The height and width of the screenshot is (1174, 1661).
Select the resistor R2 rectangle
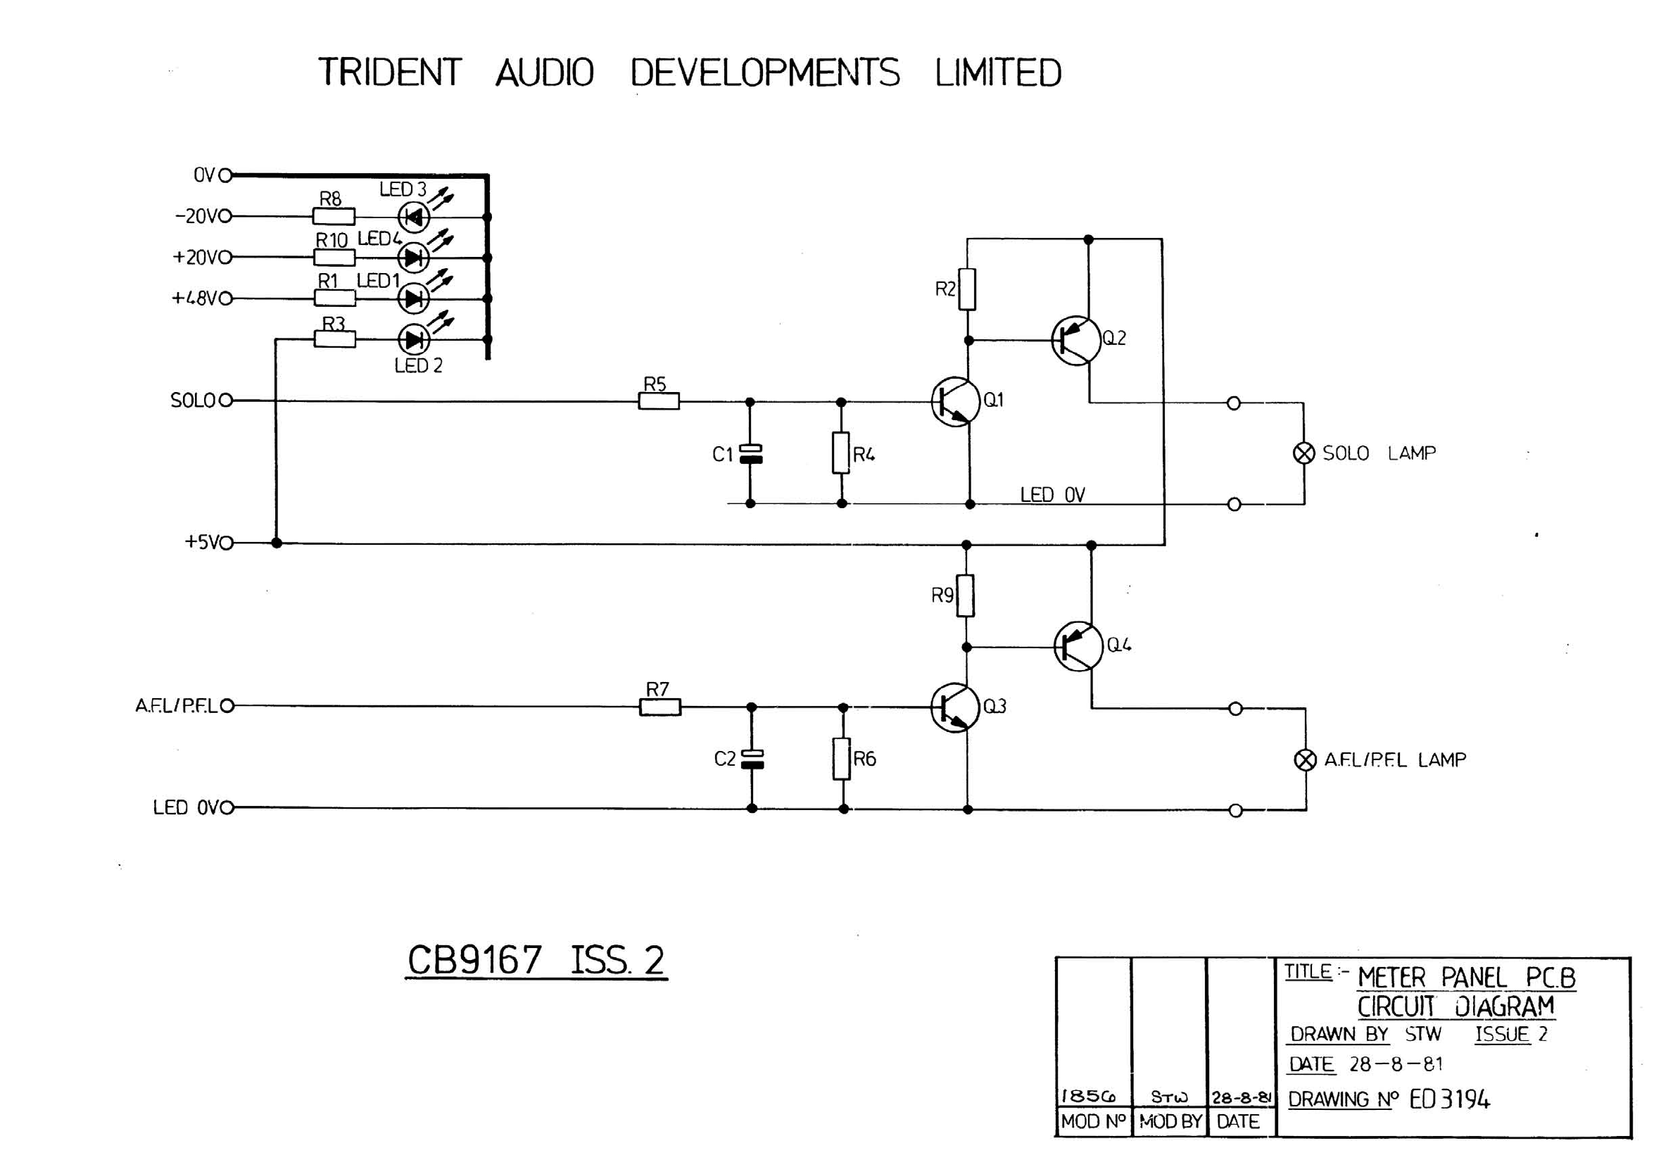[x=967, y=289]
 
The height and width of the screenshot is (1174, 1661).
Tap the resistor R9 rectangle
[x=965, y=596]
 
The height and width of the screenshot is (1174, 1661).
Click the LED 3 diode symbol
[x=414, y=216]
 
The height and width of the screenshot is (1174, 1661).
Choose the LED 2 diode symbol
[x=414, y=339]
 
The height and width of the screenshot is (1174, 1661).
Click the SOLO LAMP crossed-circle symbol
[x=1303, y=453]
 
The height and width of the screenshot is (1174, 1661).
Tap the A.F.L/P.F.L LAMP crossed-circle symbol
[x=1305, y=760]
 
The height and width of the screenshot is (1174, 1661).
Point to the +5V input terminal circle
[x=227, y=543]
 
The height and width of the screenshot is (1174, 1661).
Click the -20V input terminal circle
[x=225, y=215]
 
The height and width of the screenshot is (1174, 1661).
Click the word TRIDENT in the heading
[x=390, y=72]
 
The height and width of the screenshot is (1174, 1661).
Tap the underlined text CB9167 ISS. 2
[x=536, y=960]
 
